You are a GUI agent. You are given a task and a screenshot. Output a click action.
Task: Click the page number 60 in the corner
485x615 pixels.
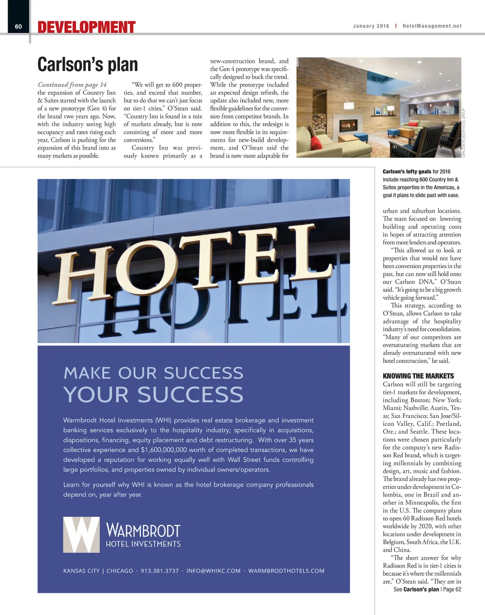(x=18, y=27)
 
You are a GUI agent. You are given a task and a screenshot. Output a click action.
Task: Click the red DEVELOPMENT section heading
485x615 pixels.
(x=87, y=27)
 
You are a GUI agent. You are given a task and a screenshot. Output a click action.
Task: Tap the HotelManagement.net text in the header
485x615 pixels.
(x=432, y=26)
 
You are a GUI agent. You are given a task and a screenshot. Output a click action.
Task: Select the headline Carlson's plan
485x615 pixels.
(x=88, y=64)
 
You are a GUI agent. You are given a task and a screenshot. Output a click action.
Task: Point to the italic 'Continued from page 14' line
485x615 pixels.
(x=72, y=85)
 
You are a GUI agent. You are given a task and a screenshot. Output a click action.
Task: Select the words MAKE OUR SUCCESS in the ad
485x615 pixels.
(x=153, y=373)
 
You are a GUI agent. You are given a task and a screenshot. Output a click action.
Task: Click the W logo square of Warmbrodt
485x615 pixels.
(x=81, y=535)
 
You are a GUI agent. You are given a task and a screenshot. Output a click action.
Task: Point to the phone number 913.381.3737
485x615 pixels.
(x=160, y=571)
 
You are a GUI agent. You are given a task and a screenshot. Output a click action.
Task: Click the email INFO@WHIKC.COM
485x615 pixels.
(x=214, y=571)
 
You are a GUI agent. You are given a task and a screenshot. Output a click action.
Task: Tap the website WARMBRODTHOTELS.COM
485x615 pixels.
(x=286, y=571)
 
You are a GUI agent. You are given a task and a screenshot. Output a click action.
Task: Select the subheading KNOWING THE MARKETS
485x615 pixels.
(x=412, y=376)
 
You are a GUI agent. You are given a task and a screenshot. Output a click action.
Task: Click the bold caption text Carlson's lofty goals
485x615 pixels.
(x=407, y=172)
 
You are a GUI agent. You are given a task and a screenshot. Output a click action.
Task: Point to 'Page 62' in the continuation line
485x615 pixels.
(x=452, y=589)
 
